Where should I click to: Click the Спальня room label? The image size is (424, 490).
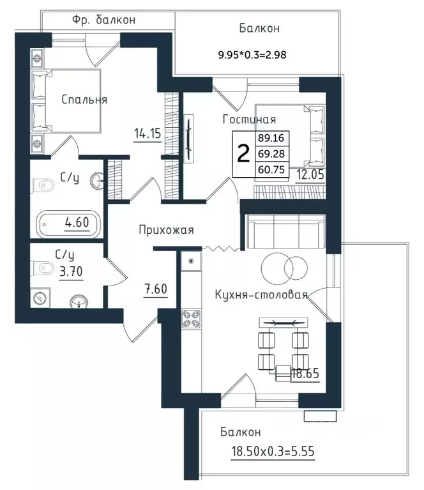[x=84, y=100]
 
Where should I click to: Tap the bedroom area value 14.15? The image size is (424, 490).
[x=148, y=134]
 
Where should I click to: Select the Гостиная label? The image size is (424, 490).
[x=249, y=119]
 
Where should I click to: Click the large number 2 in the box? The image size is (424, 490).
[x=243, y=154]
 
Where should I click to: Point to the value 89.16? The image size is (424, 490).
[x=271, y=138]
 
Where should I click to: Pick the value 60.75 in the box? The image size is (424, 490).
[x=271, y=170]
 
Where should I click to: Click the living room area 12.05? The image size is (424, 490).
[x=310, y=174]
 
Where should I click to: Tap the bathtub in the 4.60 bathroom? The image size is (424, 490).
[x=69, y=224]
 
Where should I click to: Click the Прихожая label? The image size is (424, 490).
[x=166, y=230]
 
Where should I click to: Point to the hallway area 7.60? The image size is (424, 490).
[x=156, y=289]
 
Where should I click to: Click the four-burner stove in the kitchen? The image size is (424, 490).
[x=191, y=319]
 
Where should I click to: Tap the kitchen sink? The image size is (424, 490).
[x=191, y=261]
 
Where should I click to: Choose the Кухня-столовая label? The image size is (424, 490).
[x=262, y=295]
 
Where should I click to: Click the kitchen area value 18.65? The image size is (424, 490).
[x=305, y=374]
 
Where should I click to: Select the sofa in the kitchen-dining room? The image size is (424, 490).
[x=285, y=232]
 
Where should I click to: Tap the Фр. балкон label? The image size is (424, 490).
[x=103, y=20]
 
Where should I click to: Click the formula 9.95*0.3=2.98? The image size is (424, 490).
[x=252, y=55]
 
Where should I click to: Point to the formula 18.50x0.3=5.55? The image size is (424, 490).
[x=273, y=451]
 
